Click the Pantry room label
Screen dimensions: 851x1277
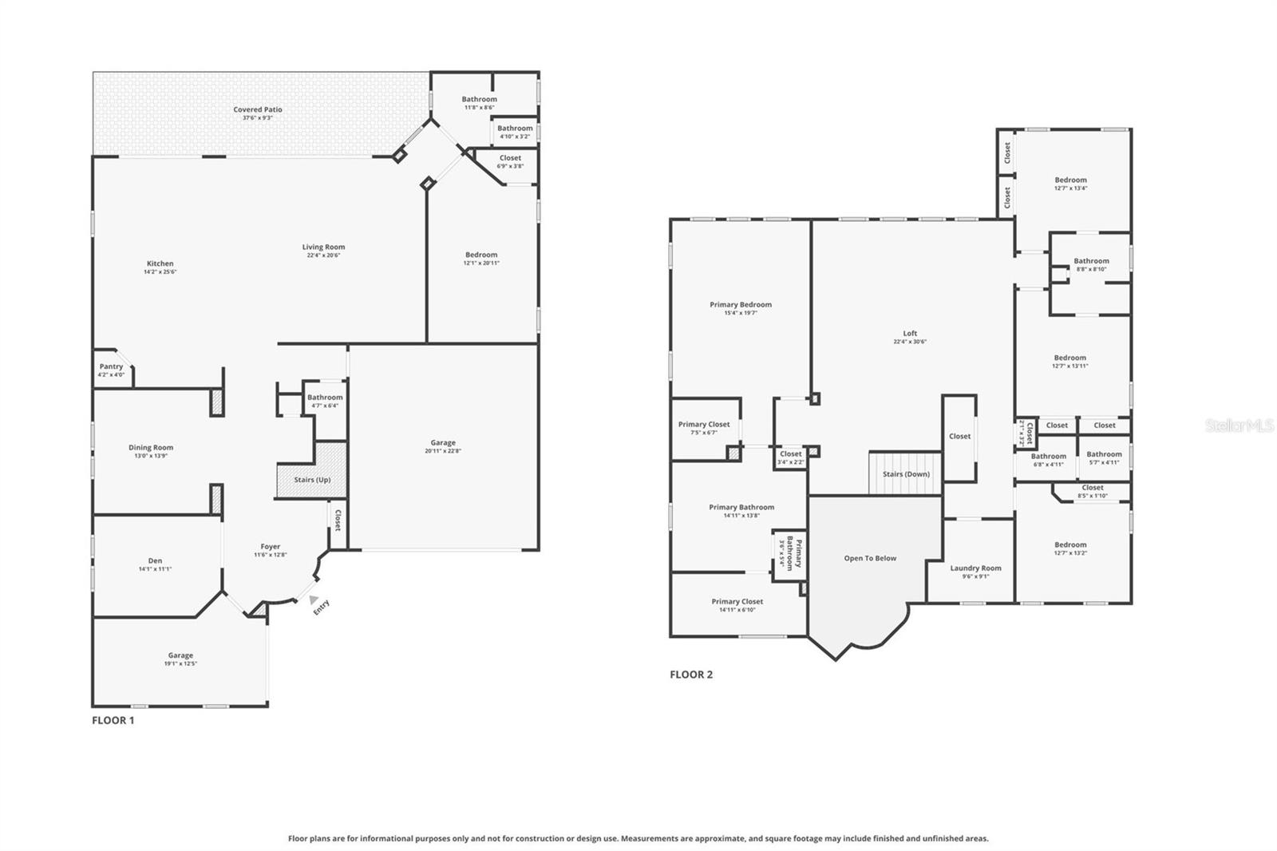click(111, 366)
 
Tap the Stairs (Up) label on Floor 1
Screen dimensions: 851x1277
click(312, 480)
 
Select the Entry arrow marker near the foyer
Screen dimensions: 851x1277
click(314, 600)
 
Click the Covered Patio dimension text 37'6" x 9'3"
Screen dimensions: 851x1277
click(258, 118)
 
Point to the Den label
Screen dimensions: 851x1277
click(155, 560)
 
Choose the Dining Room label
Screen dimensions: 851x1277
click(151, 448)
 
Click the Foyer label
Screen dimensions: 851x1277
click(271, 547)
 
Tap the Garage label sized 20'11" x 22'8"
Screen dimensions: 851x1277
click(443, 442)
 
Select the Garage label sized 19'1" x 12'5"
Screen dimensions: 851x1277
click(180, 655)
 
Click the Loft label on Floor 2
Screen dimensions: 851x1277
click(910, 334)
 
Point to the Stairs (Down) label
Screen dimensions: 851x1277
click(906, 474)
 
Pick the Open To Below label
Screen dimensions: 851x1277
click(870, 558)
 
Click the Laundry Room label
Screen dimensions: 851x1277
click(975, 568)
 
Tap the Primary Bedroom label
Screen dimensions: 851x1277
click(741, 304)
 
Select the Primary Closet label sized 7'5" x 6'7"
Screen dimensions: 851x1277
click(704, 425)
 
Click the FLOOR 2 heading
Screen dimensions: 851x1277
click(691, 675)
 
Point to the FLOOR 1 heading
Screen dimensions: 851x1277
click(113, 720)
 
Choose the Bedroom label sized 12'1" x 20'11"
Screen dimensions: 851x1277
click(481, 255)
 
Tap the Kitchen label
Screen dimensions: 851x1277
click(160, 263)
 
